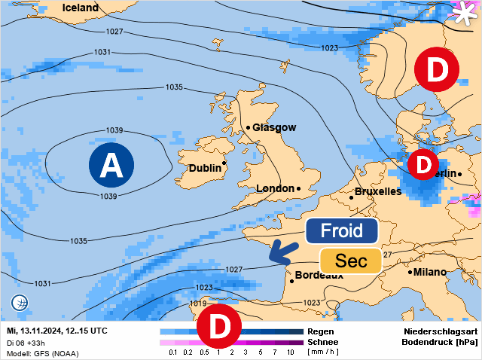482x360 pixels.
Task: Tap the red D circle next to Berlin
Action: point(423,163)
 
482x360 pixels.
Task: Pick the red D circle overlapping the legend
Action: point(218,326)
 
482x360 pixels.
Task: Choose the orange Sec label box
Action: point(351,261)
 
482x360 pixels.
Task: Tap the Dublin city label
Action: point(204,168)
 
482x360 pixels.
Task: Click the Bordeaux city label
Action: point(319,275)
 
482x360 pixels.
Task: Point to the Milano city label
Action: point(429,272)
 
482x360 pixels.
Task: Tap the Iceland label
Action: point(80,8)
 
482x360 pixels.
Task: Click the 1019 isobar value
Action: point(198,304)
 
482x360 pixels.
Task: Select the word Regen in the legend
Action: point(321,331)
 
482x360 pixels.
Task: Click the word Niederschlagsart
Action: point(441,331)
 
